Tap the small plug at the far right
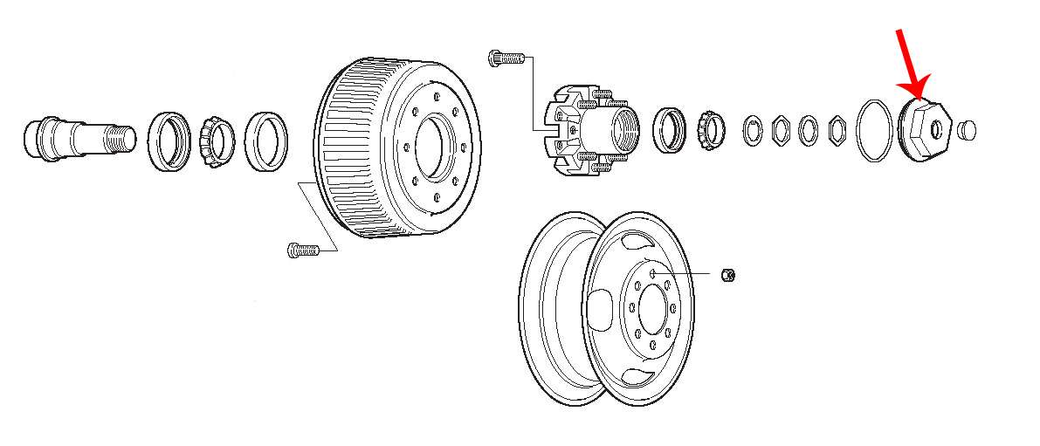pos(965,130)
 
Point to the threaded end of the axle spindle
pos(121,138)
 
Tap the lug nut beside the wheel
pos(730,275)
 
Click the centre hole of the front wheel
pos(652,307)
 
